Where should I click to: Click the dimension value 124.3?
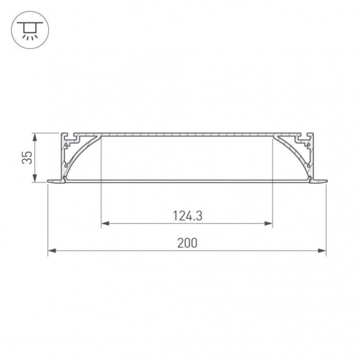pos(187,215)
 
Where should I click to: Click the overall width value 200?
pos(187,243)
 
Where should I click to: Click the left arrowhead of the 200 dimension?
pos(51,251)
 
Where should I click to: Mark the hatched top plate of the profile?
pos(187,134)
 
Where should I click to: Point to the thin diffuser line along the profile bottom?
pos(187,180)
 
